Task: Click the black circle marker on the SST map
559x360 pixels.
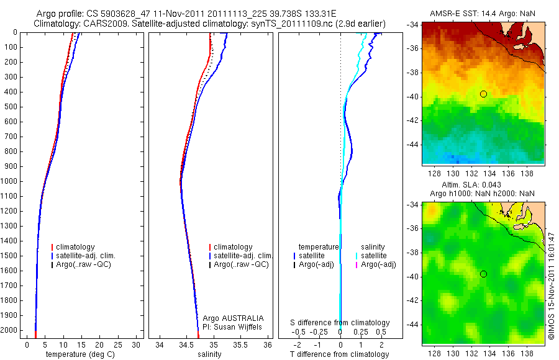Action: pyautogui.click(x=483, y=94)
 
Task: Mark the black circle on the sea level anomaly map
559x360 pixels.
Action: pyautogui.click(x=483, y=274)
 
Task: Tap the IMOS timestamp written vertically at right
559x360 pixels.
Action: pyautogui.click(x=551, y=286)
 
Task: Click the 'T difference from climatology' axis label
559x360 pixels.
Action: pyautogui.click(x=339, y=354)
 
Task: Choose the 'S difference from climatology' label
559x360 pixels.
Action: pyautogui.click(x=340, y=323)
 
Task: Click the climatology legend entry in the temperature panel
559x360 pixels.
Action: pyautogui.click(x=75, y=247)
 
